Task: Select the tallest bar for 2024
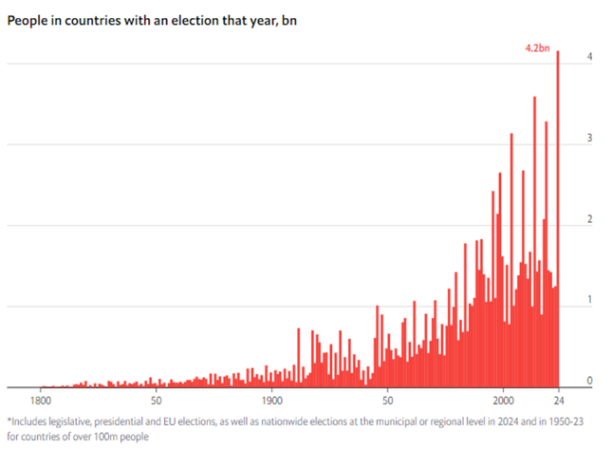(558, 218)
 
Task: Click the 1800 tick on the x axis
(40, 400)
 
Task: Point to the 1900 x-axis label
(271, 400)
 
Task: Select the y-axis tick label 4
(590, 57)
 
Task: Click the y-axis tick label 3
(590, 139)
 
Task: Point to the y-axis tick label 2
(590, 219)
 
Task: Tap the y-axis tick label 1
(590, 300)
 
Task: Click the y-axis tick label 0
(590, 381)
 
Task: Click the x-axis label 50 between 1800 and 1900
(156, 400)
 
